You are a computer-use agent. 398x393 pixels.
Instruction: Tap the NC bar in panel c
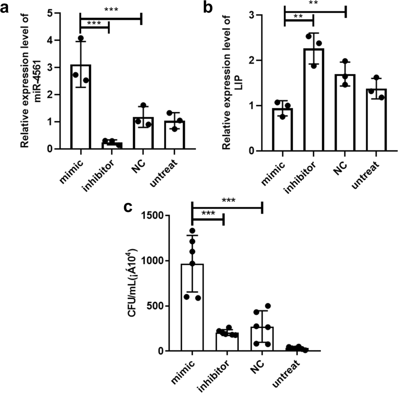pos(262,339)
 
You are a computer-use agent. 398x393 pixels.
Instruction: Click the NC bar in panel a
pos(143,133)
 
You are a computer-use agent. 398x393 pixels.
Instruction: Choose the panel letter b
pos(208,7)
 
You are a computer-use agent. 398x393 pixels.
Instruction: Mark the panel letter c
pos(127,207)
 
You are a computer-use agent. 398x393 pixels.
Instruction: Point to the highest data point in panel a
pos(81,38)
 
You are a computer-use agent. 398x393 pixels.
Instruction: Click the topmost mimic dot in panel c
pos(192,231)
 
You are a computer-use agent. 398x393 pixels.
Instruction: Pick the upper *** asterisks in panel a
pos(111,9)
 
